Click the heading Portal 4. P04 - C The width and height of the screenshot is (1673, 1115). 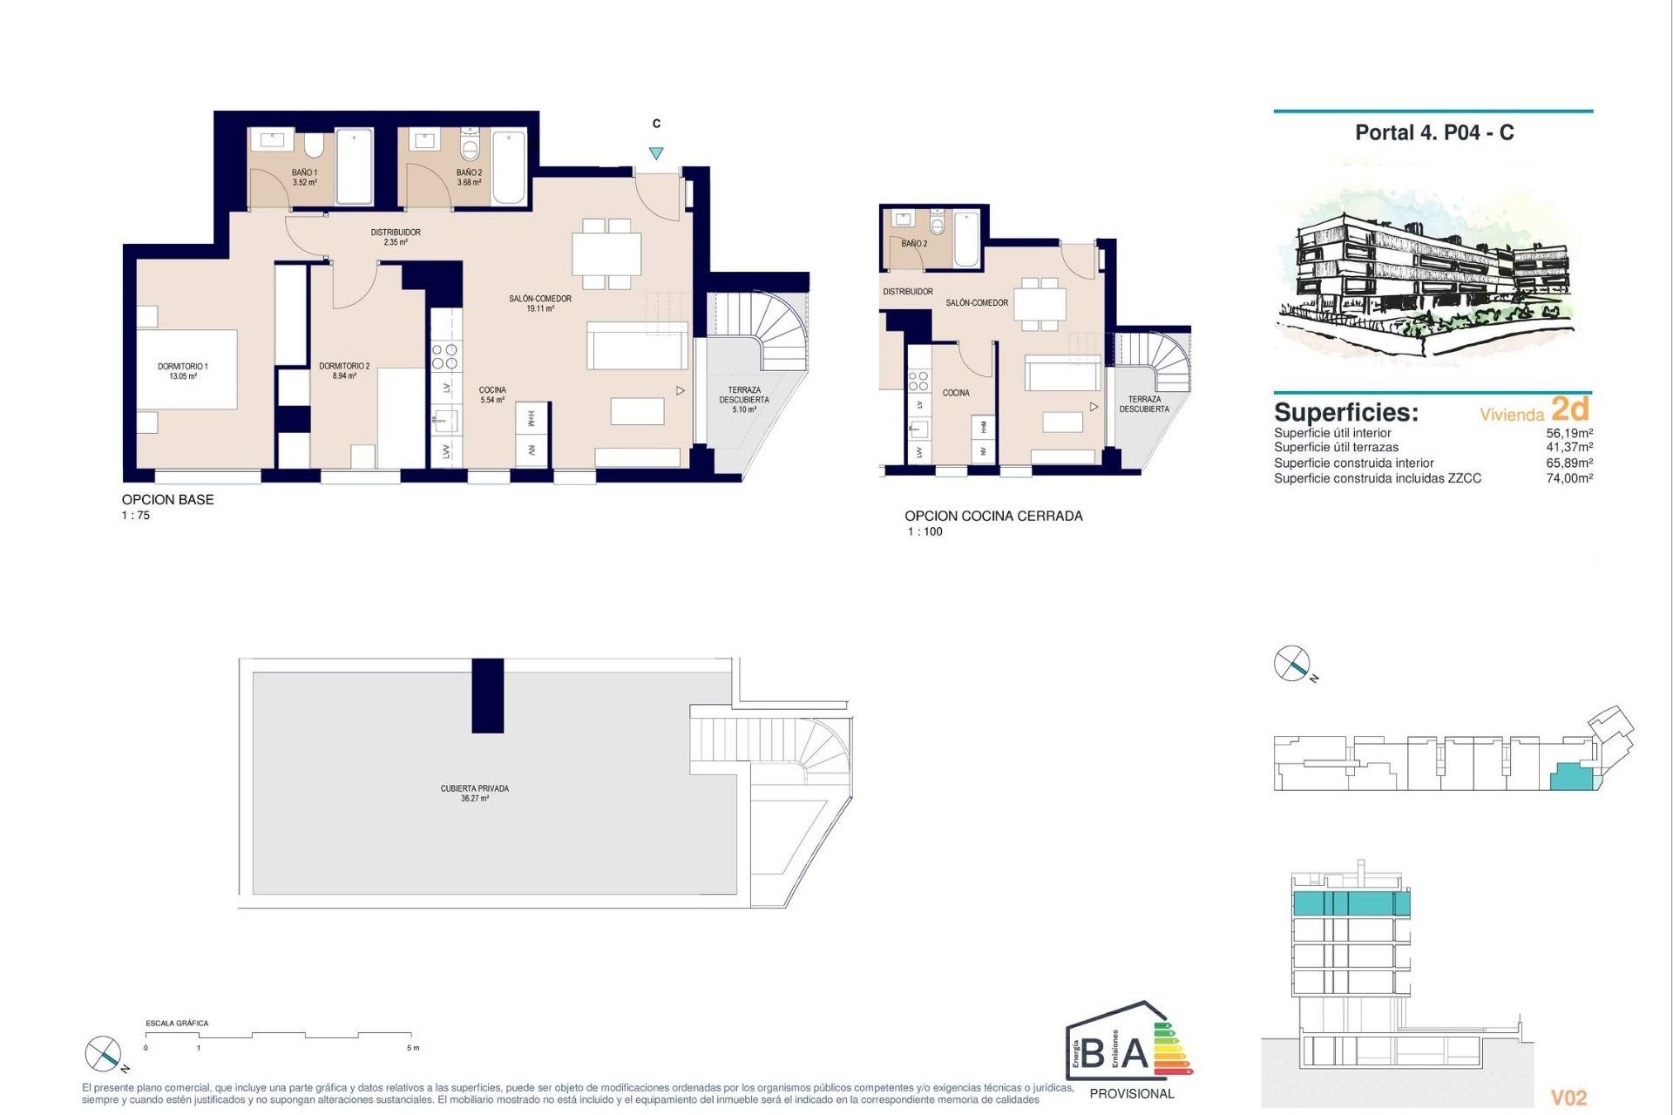1434,133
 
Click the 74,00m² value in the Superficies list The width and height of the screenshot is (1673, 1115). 1569,478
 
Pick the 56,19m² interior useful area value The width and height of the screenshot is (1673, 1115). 1569,433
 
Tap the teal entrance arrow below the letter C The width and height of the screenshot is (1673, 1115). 656,153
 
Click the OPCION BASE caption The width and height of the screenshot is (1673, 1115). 167,500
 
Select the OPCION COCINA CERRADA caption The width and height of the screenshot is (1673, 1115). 993,516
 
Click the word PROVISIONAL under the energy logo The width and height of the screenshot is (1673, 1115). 1132,1093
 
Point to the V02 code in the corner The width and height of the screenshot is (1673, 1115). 1568,1098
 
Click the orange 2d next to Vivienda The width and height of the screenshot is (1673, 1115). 1570,409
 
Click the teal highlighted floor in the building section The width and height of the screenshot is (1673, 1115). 1350,903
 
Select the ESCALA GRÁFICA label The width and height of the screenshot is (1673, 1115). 177,1024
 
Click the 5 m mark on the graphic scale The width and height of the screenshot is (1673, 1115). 413,1048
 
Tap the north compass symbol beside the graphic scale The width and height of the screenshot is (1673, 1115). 103,1054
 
